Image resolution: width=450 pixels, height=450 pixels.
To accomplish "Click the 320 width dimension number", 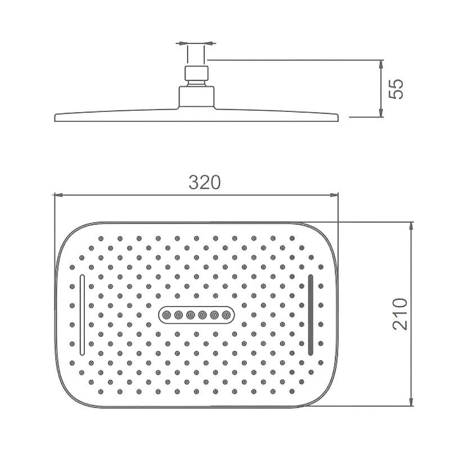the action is click(x=205, y=182).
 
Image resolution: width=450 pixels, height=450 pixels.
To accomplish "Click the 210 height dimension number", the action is click(x=400, y=314).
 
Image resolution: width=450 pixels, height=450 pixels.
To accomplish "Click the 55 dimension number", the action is click(x=395, y=89).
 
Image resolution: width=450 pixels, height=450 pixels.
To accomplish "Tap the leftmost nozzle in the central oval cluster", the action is click(x=166, y=315).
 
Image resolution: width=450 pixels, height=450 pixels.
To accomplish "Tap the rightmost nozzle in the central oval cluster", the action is click(x=227, y=315).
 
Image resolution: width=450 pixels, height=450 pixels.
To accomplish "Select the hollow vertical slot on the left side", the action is click(x=82, y=315).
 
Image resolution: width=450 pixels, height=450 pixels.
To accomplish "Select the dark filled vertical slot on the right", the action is click(x=310, y=315).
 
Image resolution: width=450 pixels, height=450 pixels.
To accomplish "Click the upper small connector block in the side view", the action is click(x=196, y=73).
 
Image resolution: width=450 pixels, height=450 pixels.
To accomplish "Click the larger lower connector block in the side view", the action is click(x=197, y=97).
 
